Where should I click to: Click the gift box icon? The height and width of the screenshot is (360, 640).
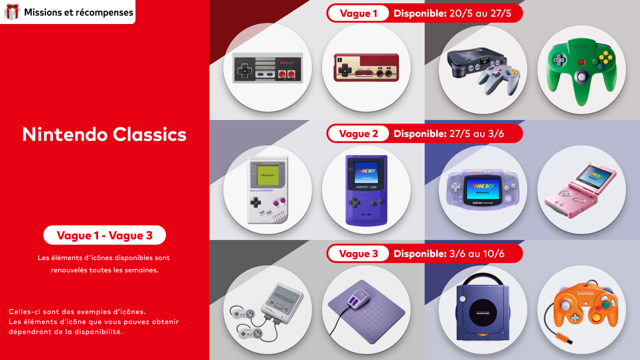[12, 12]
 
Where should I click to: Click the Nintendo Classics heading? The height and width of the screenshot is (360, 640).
[104, 134]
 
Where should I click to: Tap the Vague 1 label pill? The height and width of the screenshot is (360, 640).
[358, 13]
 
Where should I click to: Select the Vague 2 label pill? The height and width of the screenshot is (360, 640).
[358, 134]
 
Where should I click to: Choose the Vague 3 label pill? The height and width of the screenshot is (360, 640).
[358, 254]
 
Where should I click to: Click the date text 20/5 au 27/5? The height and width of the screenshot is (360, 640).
[480, 13]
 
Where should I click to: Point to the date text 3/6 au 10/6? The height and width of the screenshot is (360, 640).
[477, 254]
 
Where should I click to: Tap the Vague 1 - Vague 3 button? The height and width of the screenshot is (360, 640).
[105, 235]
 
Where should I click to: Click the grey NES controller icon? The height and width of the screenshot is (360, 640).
[268, 68]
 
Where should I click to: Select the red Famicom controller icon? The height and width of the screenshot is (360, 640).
[366, 67]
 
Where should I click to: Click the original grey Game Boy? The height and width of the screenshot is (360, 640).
[268, 190]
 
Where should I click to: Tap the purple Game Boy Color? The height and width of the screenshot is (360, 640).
[366, 190]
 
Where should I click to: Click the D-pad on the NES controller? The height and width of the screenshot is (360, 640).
[244, 70]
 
